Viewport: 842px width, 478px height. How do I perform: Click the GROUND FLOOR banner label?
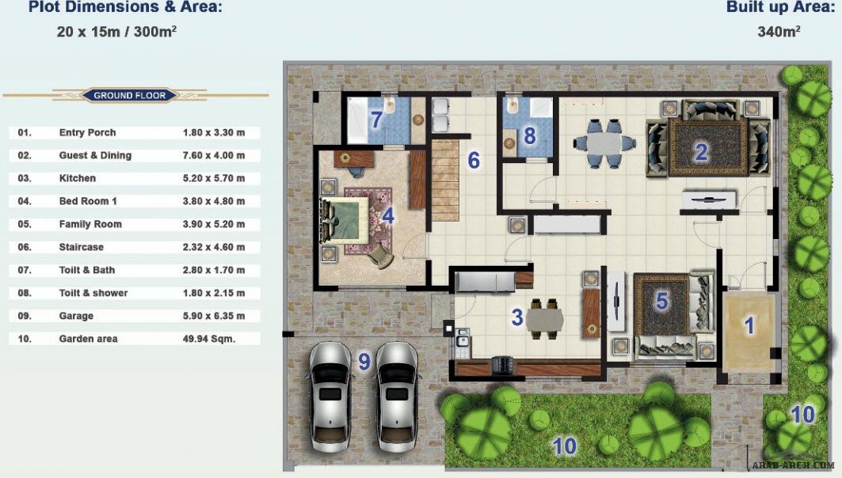[x=129, y=96]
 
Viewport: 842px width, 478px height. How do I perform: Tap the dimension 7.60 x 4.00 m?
[x=214, y=156]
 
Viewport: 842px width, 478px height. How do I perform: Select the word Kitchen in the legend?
[x=78, y=178]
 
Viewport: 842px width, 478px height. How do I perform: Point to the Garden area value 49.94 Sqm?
[x=209, y=339]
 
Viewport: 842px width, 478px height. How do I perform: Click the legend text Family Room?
[x=90, y=224]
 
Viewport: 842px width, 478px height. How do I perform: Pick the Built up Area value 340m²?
[x=779, y=32]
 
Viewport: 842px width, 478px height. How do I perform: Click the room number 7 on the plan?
[x=376, y=119]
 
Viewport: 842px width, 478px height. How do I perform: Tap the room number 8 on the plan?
[x=529, y=136]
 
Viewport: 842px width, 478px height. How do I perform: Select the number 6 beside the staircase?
[x=474, y=160]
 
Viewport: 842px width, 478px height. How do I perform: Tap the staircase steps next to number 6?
[x=445, y=180]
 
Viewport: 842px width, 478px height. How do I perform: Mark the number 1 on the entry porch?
[x=749, y=325]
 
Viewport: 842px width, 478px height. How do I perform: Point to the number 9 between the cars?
[x=364, y=362]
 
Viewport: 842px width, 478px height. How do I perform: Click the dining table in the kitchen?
[x=544, y=320]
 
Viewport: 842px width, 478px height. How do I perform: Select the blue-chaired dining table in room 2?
[x=604, y=144]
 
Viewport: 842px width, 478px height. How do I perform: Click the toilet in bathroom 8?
[x=512, y=105]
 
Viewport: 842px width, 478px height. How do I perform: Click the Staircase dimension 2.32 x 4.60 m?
[x=214, y=248]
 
